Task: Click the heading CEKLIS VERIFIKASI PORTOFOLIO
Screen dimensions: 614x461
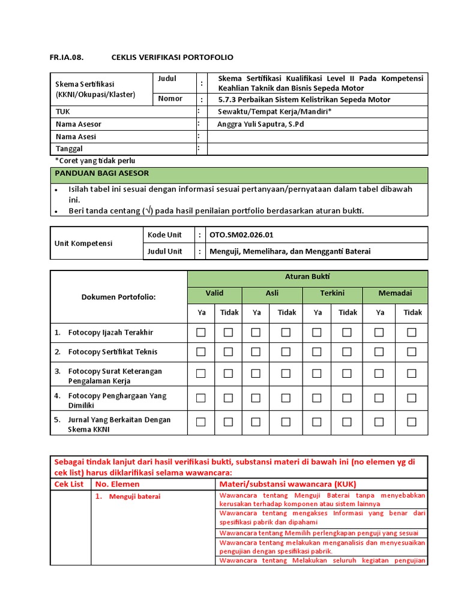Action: tap(172, 58)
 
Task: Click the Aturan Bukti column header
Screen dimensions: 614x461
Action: tap(307, 277)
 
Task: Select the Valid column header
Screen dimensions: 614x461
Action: tap(214, 293)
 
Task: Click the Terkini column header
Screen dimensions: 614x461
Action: tap(332, 293)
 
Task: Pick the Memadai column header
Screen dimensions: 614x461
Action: tap(396, 293)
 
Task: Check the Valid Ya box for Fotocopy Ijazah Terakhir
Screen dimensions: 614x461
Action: tap(201, 332)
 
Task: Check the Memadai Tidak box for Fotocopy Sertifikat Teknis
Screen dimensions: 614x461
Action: tap(411, 352)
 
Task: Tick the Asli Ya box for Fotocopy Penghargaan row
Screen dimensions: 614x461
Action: tap(256, 398)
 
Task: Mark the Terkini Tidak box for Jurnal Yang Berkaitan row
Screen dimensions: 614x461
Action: tap(347, 422)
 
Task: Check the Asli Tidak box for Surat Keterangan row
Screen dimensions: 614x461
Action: tap(286, 373)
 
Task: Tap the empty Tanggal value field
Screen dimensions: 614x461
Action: tap(317, 149)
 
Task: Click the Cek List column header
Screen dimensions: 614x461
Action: tap(70, 484)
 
